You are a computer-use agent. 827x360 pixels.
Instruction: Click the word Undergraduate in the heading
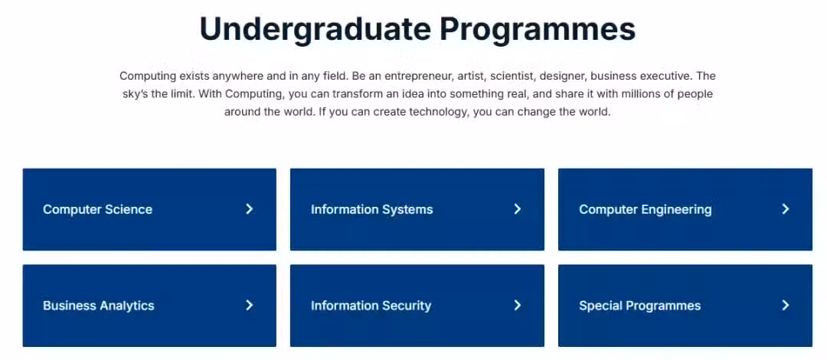(315, 30)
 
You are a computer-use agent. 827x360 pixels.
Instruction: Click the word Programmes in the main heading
(538, 30)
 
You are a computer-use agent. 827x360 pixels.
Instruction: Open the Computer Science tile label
(97, 210)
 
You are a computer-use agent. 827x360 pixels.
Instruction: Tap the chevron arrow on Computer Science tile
(250, 209)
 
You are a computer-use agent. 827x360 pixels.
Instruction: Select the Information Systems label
(372, 210)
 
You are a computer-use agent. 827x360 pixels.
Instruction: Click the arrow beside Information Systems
(518, 209)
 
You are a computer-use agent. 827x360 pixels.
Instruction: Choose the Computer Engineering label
(645, 210)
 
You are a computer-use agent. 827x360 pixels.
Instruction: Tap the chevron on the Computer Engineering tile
(786, 209)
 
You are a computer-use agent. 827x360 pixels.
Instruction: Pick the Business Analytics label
(99, 306)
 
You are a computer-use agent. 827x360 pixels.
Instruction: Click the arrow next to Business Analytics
(250, 305)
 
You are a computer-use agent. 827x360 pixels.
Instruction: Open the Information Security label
(371, 306)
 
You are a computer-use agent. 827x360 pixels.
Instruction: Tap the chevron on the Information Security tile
(518, 305)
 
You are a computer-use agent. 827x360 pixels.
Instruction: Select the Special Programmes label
(639, 306)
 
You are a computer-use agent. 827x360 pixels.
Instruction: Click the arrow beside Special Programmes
(786, 305)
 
